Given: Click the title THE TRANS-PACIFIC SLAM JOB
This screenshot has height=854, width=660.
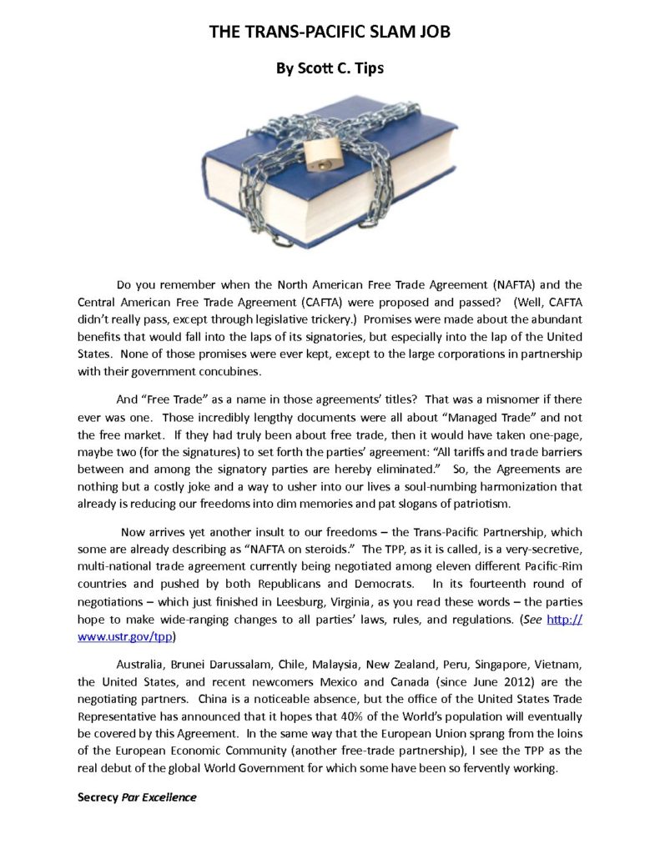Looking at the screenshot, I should pos(330,33).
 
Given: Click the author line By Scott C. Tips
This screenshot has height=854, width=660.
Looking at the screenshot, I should pos(330,68).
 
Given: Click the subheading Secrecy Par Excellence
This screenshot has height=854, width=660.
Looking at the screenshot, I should pos(137,797).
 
